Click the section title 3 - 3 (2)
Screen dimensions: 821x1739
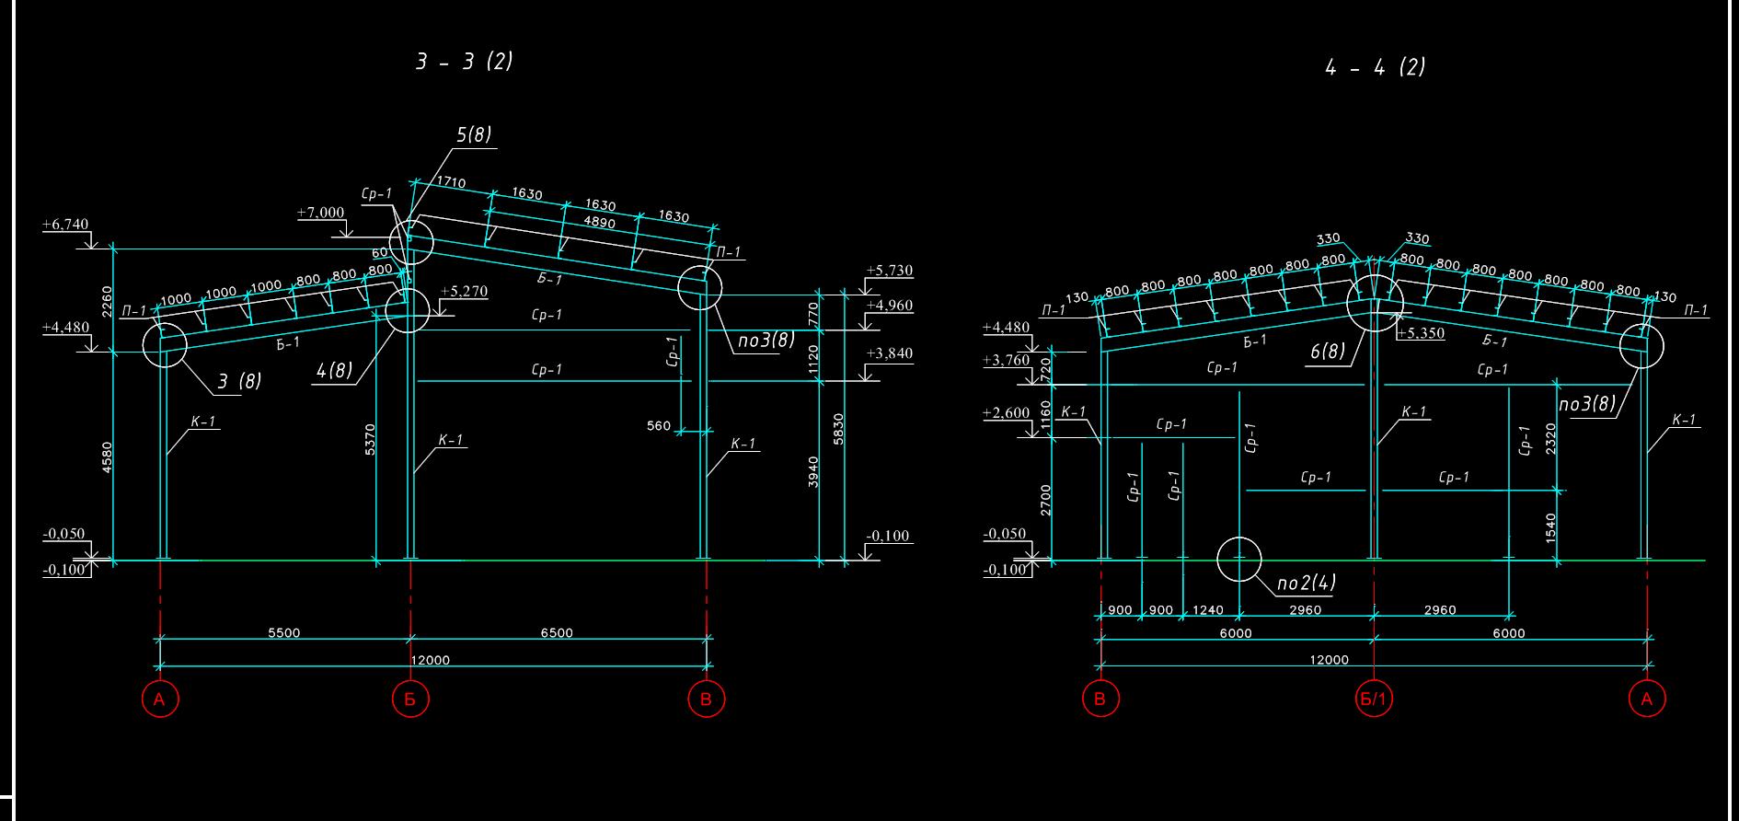pyautogui.click(x=464, y=62)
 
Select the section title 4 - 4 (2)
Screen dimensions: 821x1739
pyautogui.click(x=1375, y=67)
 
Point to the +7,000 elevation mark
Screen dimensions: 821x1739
pyautogui.click(x=320, y=213)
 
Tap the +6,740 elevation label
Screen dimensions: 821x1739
pyautogui.click(x=65, y=225)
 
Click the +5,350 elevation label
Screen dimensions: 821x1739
pyautogui.click(x=1420, y=333)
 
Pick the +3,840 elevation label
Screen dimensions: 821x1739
pyautogui.click(x=890, y=353)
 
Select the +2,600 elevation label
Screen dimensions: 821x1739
pyautogui.click(x=1006, y=413)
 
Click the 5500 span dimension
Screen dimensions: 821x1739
pyautogui.click(x=283, y=633)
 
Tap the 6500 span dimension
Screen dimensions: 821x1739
pyautogui.click(x=556, y=633)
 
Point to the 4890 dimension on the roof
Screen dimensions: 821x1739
pyautogui.click(x=600, y=222)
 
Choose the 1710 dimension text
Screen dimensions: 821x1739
pyautogui.click(x=450, y=182)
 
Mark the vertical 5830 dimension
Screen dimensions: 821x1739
pyautogui.click(x=838, y=430)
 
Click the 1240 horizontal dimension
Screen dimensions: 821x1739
pyautogui.click(x=1207, y=610)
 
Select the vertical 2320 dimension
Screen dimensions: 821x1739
pyautogui.click(x=1551, y=439)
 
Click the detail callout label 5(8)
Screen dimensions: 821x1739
pyautogui.click(x=474, y=134)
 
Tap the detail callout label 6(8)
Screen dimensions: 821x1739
pyautogui.click(x=1328, y=351)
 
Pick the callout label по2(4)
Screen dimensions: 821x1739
pyautogui.click(x=1307, y=583)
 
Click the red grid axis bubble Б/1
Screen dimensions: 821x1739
pyautogui.click(x=1373, y=699)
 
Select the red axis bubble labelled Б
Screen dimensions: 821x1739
pyautogui.click(x=410, y=699)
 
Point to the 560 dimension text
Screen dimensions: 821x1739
pyautogui.click(x=659, y=426)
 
